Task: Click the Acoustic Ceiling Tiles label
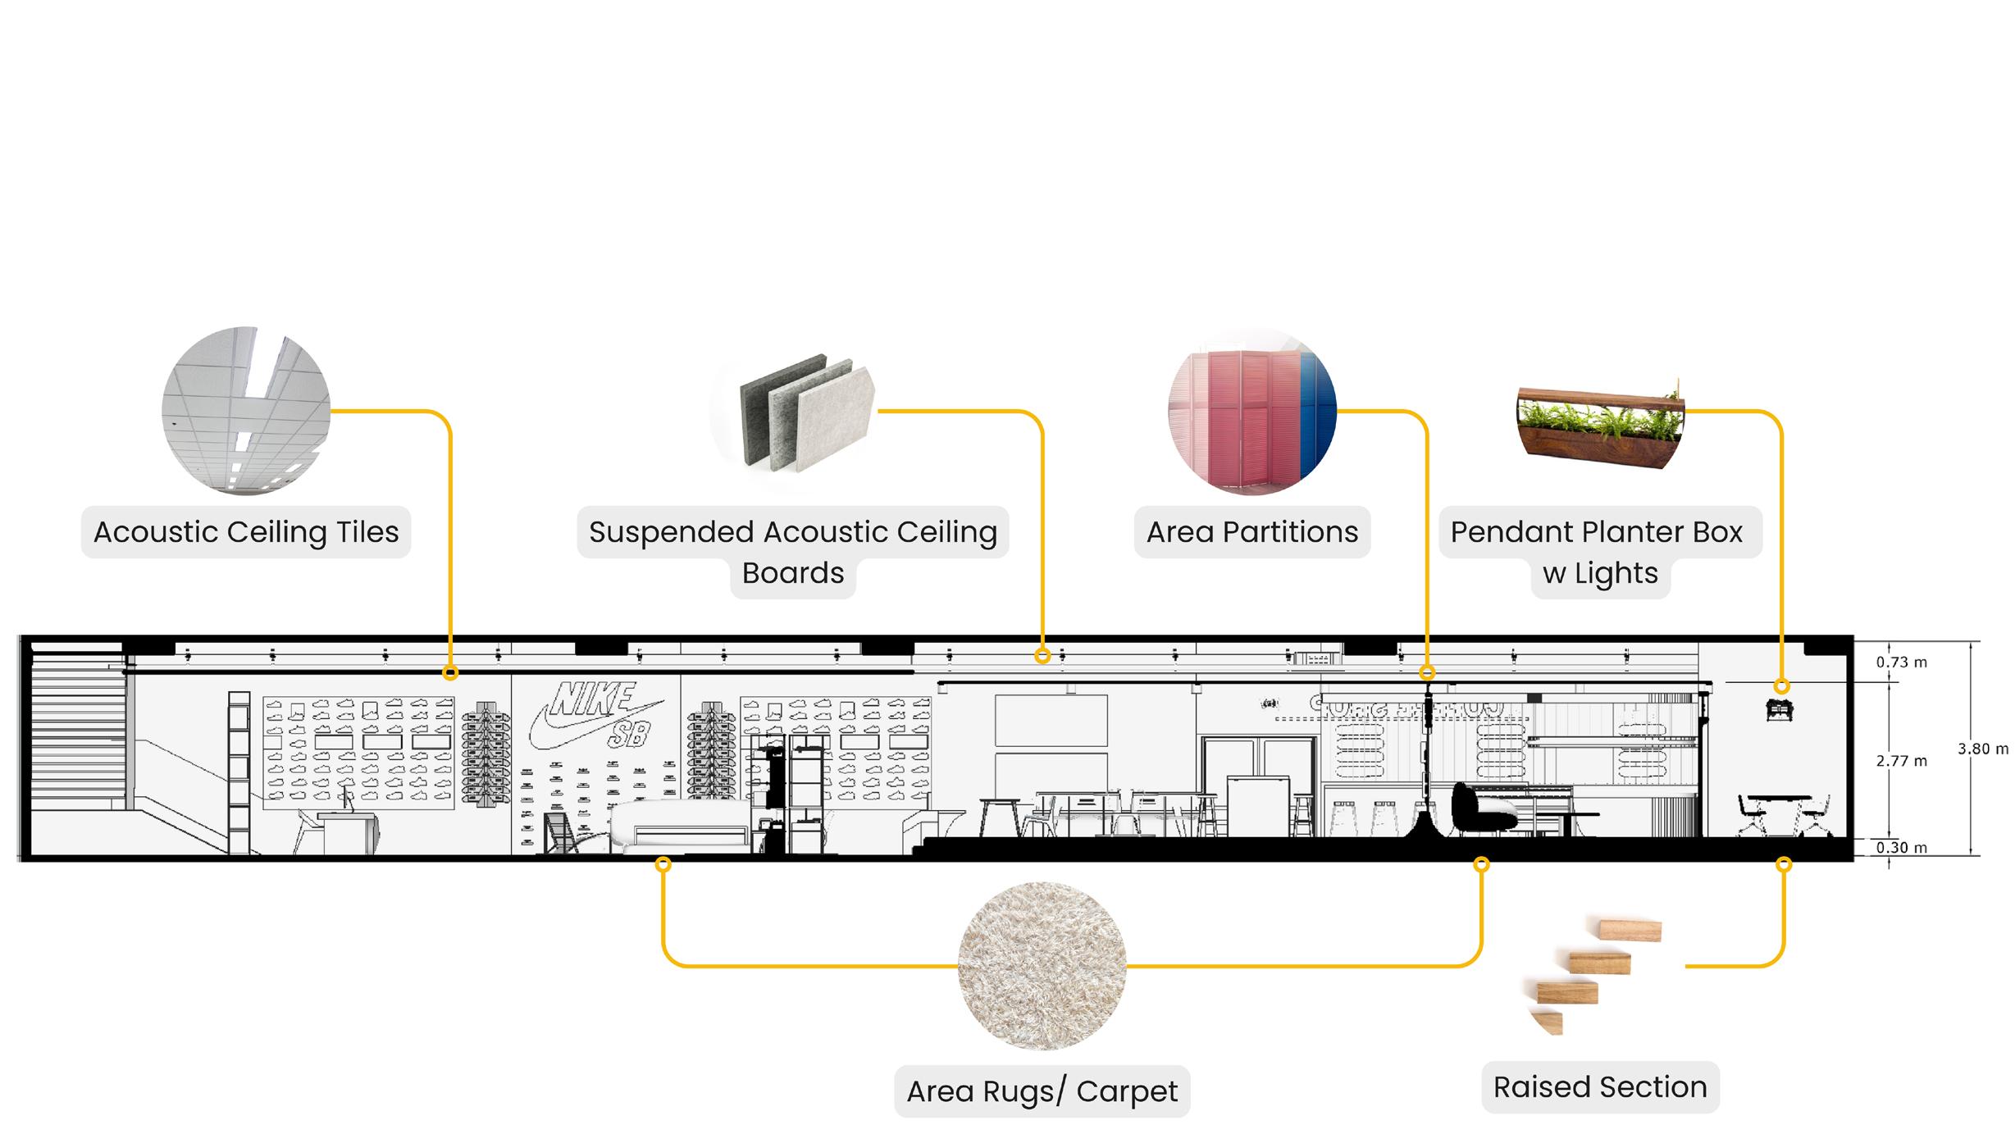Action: [x=246, y=532]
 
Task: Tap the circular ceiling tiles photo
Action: [x=246, y=411]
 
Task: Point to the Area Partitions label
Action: [x=1251, y=532]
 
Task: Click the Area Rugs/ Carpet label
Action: [x=1042, y=1091]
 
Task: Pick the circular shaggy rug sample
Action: [x=1042, y=966]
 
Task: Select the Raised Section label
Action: [x=1599, y=1087]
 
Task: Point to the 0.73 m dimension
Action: [x=1901, y=663]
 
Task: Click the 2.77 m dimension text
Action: [x=1901, y=761]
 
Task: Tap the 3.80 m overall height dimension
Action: [x=1982, y=749]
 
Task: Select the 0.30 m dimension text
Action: [x=1901, y=848]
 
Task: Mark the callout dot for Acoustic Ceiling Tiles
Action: [x=449, y=673]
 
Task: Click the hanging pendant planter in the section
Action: [x=1780, y=710]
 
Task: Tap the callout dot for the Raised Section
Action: [x=1784, y=864]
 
